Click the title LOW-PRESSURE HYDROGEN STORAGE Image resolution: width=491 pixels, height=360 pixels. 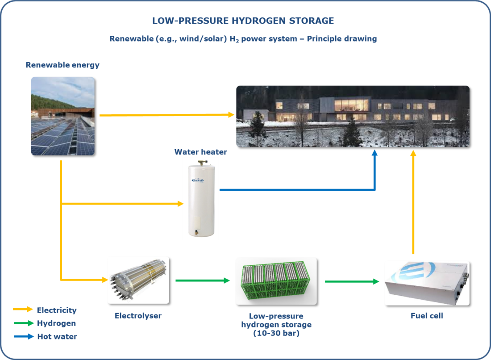[243, 21]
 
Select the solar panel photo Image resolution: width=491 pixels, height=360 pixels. [62, 116]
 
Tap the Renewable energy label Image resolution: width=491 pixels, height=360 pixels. [62, 65]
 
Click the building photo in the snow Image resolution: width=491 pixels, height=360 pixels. [353, 116]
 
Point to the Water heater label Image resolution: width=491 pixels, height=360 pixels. [200, 152]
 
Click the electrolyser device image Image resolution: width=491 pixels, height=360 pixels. [138, 280]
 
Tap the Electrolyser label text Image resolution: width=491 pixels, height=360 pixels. [138, 316]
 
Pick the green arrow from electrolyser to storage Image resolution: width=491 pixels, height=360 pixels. [203, 280]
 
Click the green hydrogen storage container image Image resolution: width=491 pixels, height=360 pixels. [276, 280]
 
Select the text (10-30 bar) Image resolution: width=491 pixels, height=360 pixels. [276, 333]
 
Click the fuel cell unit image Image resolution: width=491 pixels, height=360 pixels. [427, 283]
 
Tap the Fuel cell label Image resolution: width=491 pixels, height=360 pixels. [427, 316]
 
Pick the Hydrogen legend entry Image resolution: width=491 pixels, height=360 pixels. [56, 323]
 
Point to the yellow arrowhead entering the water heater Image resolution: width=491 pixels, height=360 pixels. [180, 204]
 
